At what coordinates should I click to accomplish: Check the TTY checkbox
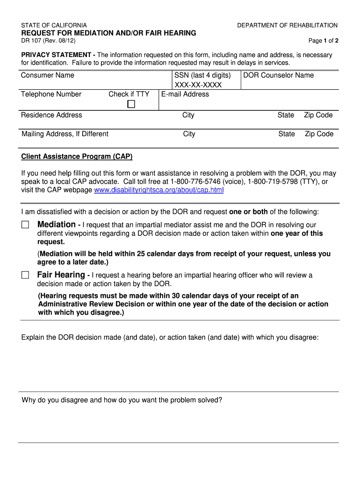(131, 104)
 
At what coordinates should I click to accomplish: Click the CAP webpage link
(159, 190)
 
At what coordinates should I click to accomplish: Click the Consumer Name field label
(48, 75)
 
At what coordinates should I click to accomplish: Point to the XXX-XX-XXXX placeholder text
(198, 85)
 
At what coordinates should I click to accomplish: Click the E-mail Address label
(185, 94)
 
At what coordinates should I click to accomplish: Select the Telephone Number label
(51, 94)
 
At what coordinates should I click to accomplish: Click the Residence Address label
(51, 115)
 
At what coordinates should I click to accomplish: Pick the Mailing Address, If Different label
(65, 134)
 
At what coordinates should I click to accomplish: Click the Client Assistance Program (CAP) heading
(77, 156)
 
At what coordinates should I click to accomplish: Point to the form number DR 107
(33, 41)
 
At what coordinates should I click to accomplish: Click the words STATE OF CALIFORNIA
(54, 25)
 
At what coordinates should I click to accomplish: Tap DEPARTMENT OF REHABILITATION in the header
(287, 25)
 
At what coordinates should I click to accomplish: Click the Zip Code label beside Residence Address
(318, 115)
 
